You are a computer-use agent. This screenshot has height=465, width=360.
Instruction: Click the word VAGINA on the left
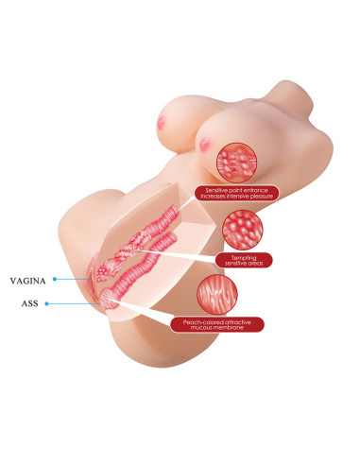pos(28,281)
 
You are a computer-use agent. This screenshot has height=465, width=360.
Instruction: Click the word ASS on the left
pos(29,303)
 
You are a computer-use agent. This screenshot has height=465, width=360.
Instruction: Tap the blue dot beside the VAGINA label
pos(55,279)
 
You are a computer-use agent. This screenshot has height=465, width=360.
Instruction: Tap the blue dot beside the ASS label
pos(46,303)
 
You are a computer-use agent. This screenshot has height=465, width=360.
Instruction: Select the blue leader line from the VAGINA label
pos(74,279)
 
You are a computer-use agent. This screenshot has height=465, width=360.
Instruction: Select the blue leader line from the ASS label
pos(74,303)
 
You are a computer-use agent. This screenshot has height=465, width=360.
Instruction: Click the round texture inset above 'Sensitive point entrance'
pos(236,163)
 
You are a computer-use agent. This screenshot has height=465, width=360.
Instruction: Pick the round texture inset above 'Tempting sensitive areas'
pos(243,230)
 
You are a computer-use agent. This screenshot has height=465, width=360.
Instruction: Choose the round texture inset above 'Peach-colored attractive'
pos(217,295)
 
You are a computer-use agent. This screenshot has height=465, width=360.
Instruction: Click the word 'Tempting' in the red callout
pos(244,258)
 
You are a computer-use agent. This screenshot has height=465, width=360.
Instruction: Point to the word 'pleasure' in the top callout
pos(260,196)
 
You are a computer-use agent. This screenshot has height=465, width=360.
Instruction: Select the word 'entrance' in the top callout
pos(256,190)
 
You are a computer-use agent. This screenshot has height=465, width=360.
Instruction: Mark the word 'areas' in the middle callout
pos(255,263)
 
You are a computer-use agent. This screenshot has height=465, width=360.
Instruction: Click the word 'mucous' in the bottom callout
pos(201,328)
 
